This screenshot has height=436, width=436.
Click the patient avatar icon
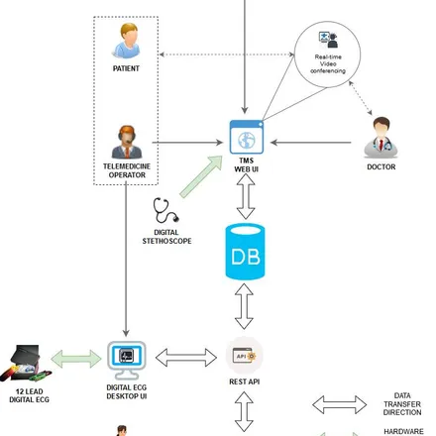coord(126,41)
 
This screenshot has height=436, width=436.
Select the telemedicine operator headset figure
coord(127,142)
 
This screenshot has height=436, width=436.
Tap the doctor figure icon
coord(381,138)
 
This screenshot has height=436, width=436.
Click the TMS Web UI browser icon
coord(247,137)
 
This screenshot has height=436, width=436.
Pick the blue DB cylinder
coord(245,252)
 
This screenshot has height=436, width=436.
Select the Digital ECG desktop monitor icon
coord(127,361)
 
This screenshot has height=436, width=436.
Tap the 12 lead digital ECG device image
coord(26,364)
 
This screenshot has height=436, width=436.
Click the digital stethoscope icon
coord(165,210)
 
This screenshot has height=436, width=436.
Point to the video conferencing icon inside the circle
coord(328,40)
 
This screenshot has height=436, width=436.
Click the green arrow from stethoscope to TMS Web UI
coord(201,176)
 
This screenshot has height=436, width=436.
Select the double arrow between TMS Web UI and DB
coord(246,196)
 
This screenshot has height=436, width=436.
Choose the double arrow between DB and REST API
coord(244,306)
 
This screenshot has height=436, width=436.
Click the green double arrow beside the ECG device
coord(76,359)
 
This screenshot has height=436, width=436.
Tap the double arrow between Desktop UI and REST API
coord(186,358)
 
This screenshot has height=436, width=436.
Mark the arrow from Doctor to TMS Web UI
coord(311,143)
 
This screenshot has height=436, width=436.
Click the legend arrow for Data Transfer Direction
coord(340,404)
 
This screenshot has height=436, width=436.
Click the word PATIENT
coord(126,68)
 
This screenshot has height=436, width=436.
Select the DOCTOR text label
coord(381,166)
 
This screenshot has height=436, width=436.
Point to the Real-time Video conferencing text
coord(328,63)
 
